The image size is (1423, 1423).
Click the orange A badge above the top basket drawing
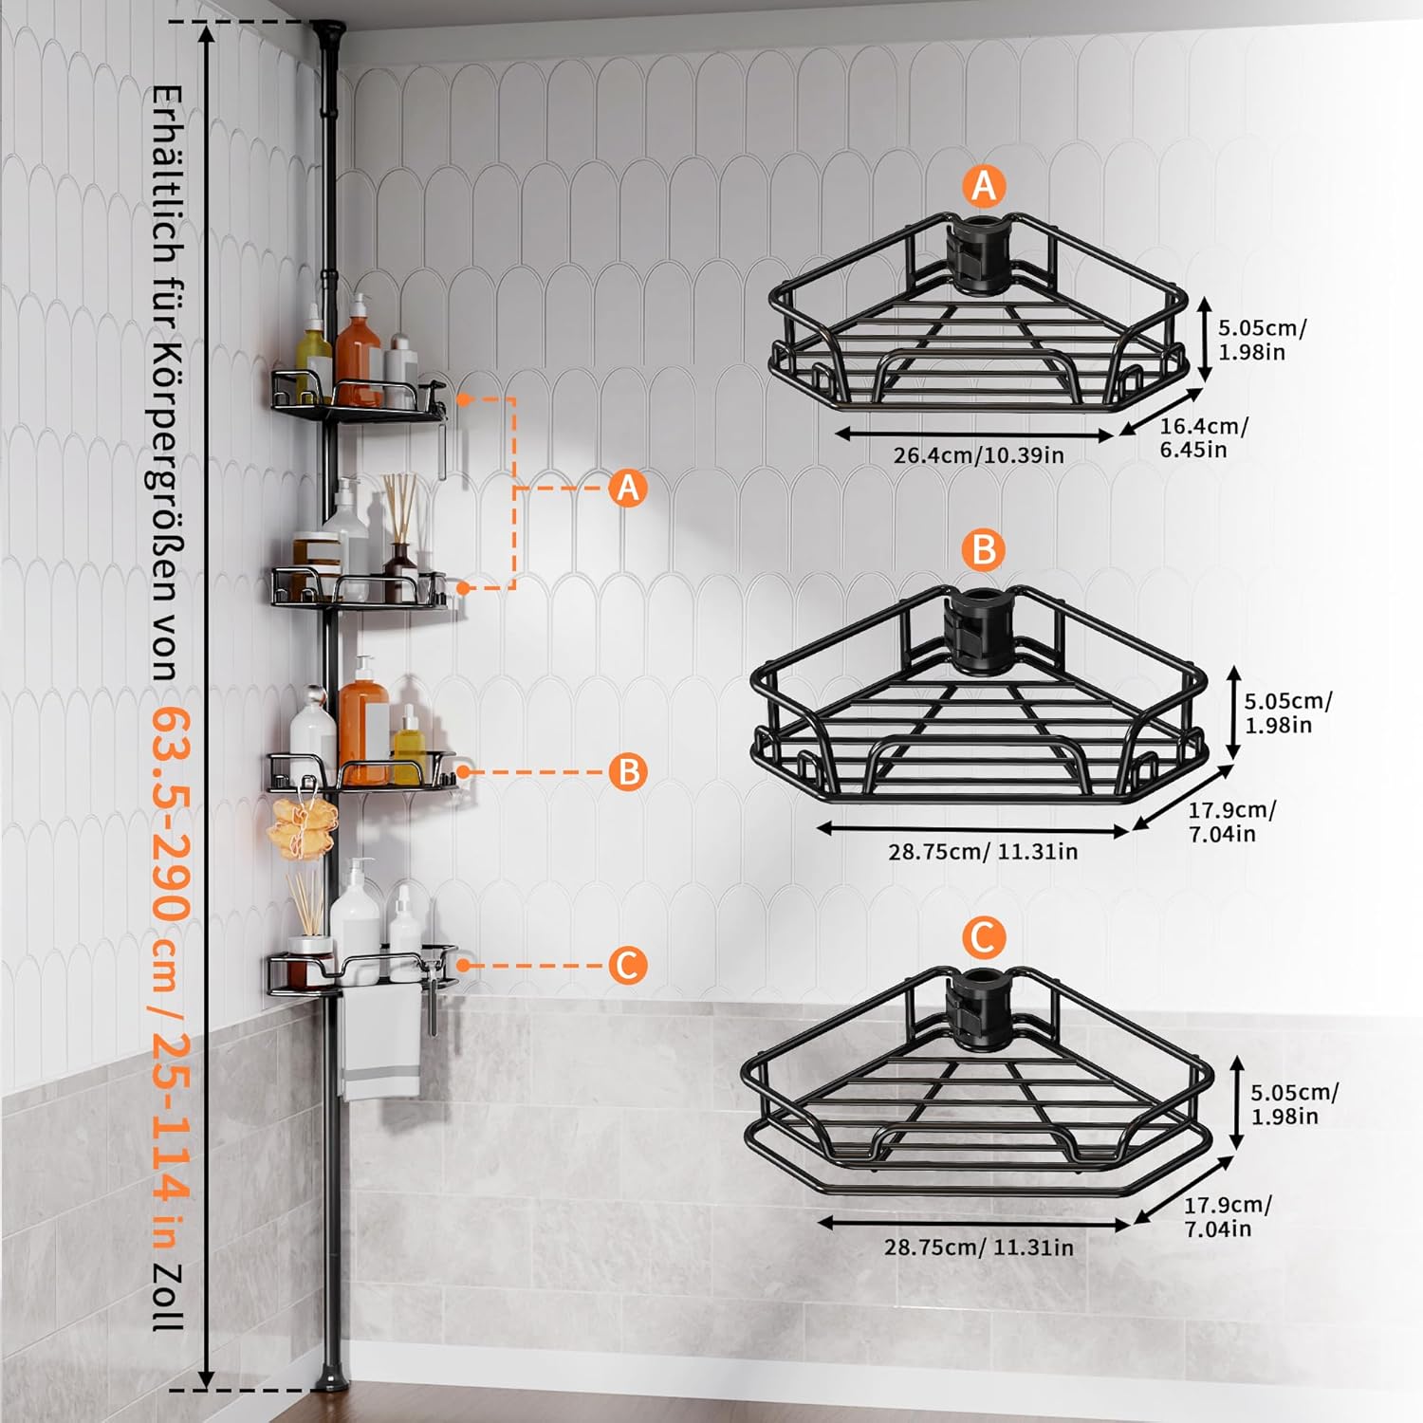[x=984, y=185]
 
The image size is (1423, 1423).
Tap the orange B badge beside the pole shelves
[x=628, y=771]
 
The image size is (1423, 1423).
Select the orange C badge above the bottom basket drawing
[x=983, y=937]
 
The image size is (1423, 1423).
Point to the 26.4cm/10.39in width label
[x=978, y=455]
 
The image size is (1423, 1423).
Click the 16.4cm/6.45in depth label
[x=1204, y=437]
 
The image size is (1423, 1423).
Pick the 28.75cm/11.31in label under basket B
[x=983, y=851]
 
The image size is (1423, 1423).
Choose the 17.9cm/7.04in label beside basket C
[x=1228, y=1216]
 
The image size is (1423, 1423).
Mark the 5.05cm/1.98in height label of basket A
[x=1262, y=340]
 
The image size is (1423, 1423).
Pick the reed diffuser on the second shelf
[x=399, y=536]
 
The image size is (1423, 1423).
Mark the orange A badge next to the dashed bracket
[x=627, y=489]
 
